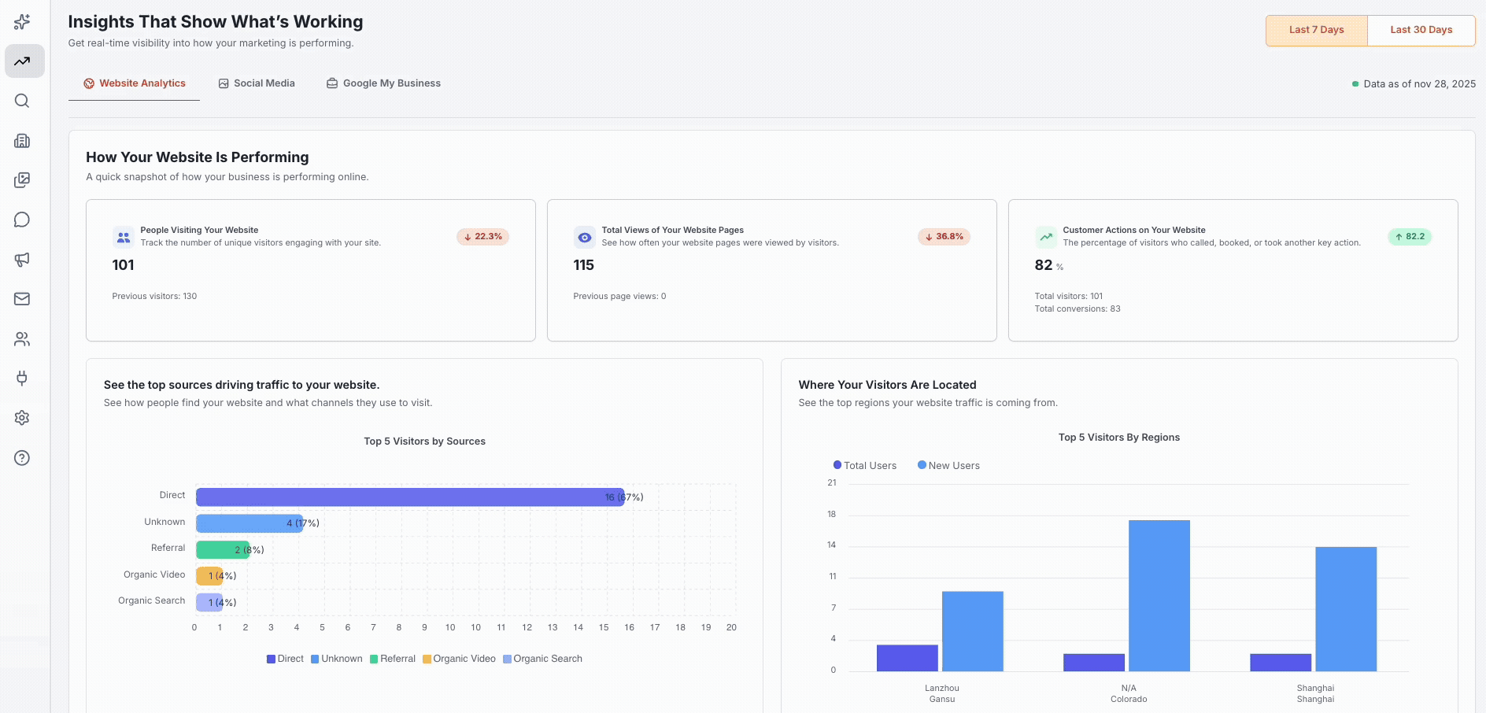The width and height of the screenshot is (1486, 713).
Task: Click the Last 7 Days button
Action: [x=1316, y=30]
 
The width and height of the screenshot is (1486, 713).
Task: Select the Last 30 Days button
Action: [x=1421, y=30]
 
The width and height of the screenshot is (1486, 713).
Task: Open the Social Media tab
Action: [x=257, y=83]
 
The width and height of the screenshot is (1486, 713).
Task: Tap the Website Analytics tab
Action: [x=135, y=83]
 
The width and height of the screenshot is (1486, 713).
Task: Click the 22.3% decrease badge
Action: [x=482, y=237]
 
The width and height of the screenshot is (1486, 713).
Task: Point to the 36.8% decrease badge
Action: [x=944, y=237]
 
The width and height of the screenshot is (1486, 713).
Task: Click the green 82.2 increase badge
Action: [x=1409, y=237]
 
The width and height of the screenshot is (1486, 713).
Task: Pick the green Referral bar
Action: [x=220, y=549]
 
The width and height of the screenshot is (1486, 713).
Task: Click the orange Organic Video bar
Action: [x=208, y=576]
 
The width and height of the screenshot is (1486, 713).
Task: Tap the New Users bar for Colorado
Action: [x=1159, y=596]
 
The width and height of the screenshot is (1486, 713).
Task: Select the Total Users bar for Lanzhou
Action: [x=907, y=658]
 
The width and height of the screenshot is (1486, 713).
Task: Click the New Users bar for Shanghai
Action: [x=1345, y=609]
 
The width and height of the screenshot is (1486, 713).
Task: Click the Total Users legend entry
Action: [x=864, y=466]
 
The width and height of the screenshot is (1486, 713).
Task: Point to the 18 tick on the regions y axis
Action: [x=831, y=514]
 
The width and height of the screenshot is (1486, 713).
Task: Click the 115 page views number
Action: [x=583, y=265]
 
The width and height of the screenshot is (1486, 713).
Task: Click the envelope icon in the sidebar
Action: [x=22, y=299]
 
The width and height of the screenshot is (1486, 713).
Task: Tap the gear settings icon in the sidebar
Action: [x=22, y=418]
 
